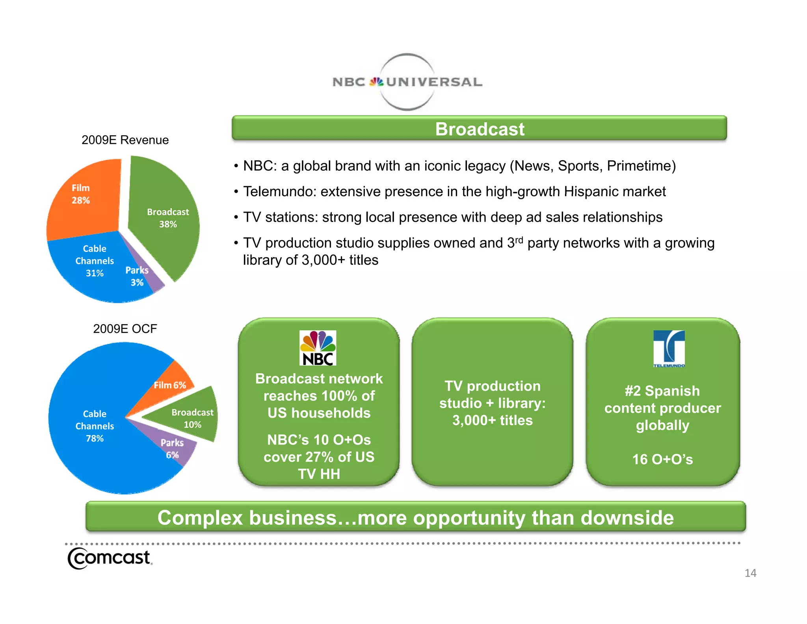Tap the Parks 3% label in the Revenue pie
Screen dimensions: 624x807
pyautogui.click(x=137, y=276)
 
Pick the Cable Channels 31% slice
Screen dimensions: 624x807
pyautogui.click(x=95, y=261)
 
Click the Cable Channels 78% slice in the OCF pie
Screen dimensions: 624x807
pyautogui.click(x=94, y=426)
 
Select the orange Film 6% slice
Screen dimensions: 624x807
pyautogui.click(x=170, y=385)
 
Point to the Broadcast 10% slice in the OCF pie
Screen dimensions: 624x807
pyautogui.click(x=192, y=418)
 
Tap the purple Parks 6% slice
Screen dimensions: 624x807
pyautogui.click(x=173, y=448)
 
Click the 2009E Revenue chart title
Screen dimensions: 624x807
pyautogui.click(x=125, y=140)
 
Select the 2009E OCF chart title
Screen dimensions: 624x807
pyautogui.click(x=125, y=329)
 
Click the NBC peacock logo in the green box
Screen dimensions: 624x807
pyautogui.click(x=318, y=348)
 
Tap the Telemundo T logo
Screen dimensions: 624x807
pyautogui.click(x=669, y=348)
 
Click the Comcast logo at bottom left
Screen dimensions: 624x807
pyautogui.click(x=110, y=558)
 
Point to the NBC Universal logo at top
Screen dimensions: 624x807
pyautogui.click(x=407, y=82)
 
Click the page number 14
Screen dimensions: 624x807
pyautogui.click(x=750, y=573)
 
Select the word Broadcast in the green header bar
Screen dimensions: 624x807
pyautogui.click(x=480, y=129)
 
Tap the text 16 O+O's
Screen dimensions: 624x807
pyautogui.click(x=662, y=459)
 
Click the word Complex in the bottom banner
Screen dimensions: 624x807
pyautogui.click(x=200, y=518)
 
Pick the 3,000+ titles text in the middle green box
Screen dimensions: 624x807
pyautogui.click(x=492, y=420)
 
